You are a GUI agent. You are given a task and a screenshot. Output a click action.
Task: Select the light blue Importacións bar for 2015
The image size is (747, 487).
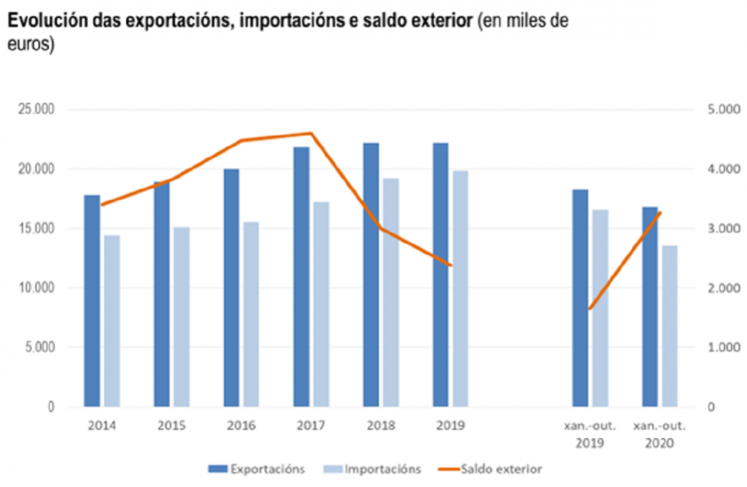(x=181, y=317)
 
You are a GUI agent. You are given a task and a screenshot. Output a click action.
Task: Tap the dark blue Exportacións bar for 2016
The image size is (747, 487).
(x=231, y=288)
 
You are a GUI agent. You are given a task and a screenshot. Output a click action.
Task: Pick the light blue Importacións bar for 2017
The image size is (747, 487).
(x=320, y=304)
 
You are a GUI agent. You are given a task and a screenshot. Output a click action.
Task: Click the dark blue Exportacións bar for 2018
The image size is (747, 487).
(x=371, y=275)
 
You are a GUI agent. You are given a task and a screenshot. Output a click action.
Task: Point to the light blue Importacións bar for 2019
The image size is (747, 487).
(x=461, y=289)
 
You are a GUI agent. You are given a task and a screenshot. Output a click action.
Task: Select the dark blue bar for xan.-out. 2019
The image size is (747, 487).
(x=580, y=299)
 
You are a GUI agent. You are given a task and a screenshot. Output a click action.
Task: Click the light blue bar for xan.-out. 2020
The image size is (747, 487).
(x=670, y=326)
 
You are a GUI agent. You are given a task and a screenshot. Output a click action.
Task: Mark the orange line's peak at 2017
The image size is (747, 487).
(x=310, y=133)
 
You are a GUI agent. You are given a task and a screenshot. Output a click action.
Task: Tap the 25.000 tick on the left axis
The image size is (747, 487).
(x=35, y=110)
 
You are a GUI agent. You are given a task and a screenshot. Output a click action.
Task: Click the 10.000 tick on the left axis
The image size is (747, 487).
(x=35, y=288)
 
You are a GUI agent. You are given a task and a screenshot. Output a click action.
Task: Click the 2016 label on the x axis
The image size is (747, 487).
(x=241, y=426)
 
